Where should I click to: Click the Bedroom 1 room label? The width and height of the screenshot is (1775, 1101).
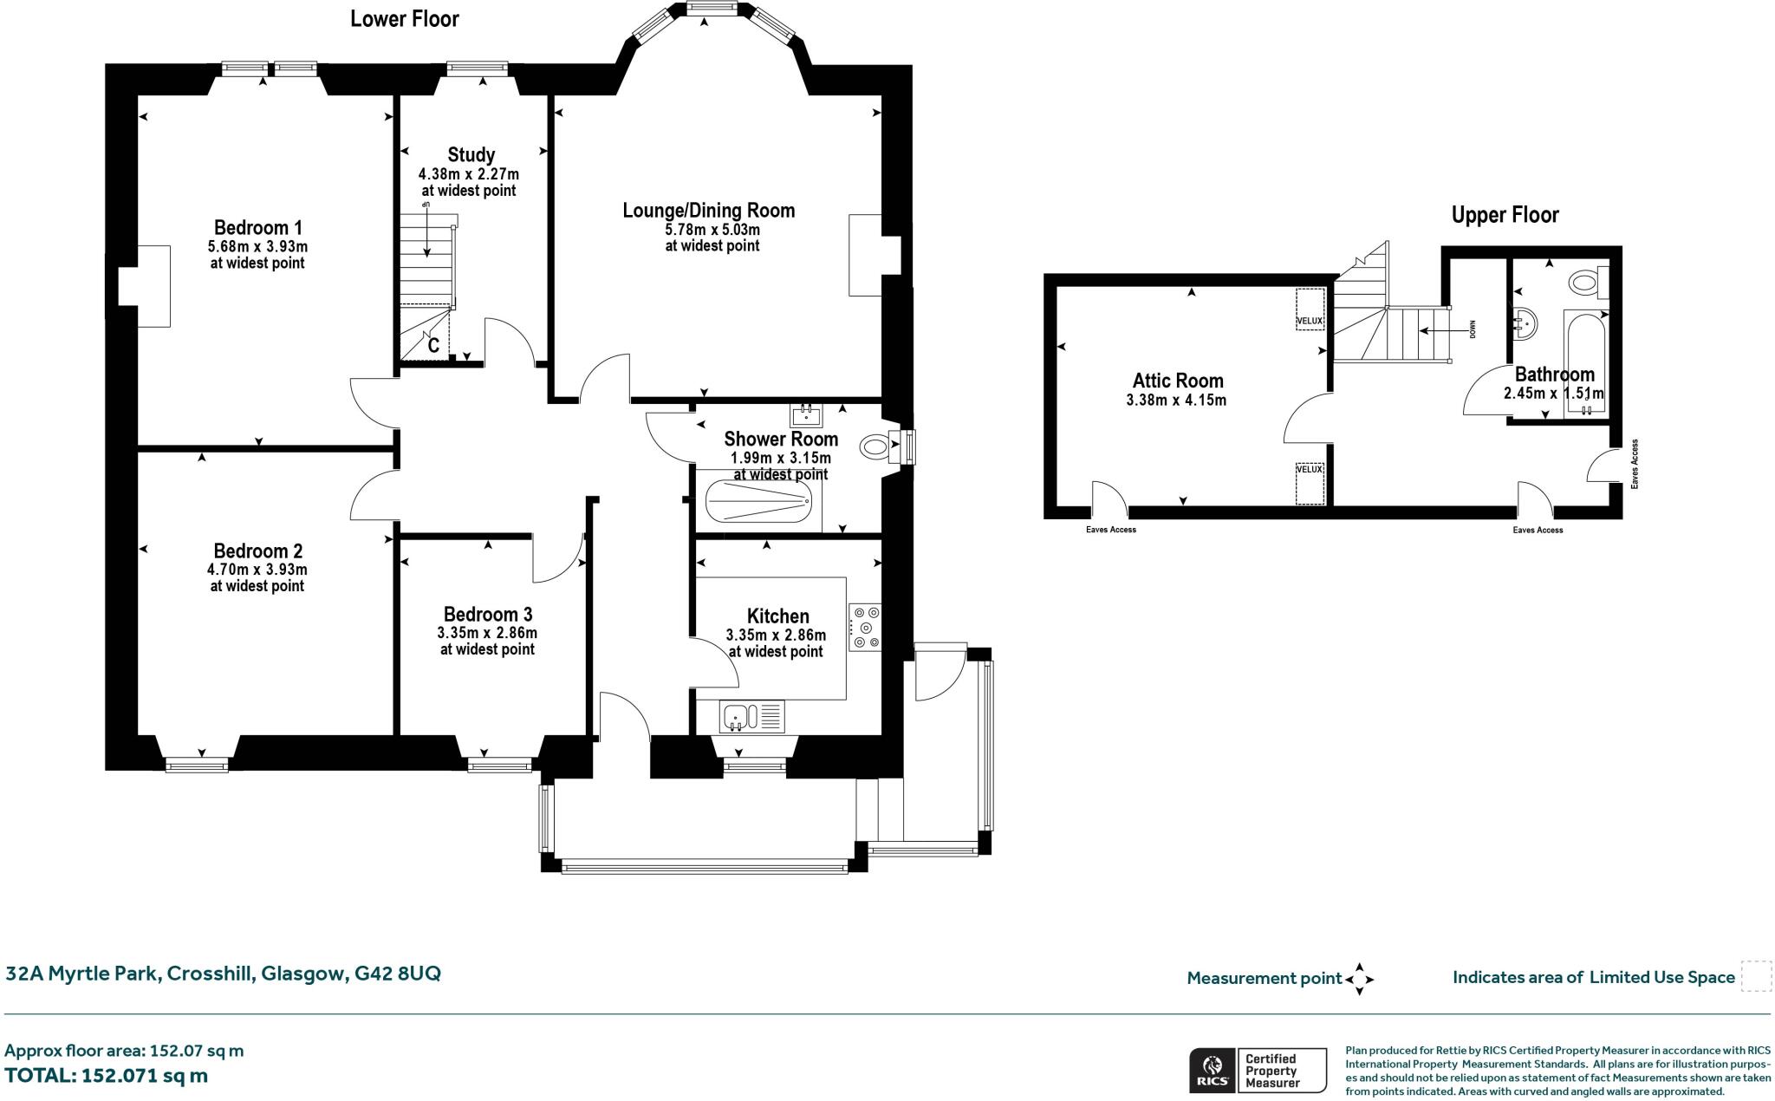coord(257,228)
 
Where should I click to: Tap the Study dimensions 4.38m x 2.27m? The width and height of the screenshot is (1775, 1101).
coord(468,173)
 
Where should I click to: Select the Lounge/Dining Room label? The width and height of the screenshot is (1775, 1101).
coord(708,211)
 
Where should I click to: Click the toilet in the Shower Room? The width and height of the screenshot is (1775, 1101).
coord(877,447)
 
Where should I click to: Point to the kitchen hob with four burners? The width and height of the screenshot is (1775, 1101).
coord(865,627)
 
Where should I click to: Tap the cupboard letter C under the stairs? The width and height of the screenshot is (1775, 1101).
coord(434,345)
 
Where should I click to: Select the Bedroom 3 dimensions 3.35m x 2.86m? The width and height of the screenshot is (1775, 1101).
coord(487,633)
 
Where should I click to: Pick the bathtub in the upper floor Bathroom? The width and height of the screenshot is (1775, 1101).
coord(1585,364)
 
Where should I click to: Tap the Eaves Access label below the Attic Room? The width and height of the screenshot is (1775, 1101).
coord(1110,530)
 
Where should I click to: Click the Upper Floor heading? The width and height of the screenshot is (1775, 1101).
coord(1505,215)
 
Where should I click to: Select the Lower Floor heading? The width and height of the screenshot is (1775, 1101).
coord(404,19)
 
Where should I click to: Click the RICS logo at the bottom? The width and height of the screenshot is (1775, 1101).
coord(1213,1070)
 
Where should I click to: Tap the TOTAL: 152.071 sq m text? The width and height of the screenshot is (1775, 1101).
coord(106,1076)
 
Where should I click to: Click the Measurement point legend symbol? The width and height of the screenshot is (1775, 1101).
coord(1359,979)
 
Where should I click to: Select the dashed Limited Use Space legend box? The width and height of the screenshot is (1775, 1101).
coord(1756,976)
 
